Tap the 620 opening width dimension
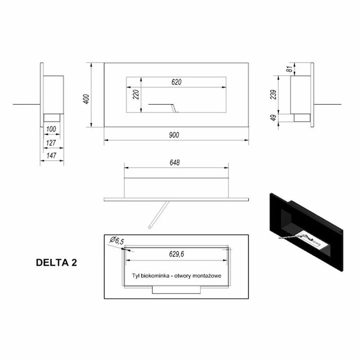[176, 82]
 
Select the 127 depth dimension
[51, 143]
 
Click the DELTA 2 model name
[57, 262]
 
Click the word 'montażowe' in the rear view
[208, 275]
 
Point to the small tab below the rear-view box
[176, 290]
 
